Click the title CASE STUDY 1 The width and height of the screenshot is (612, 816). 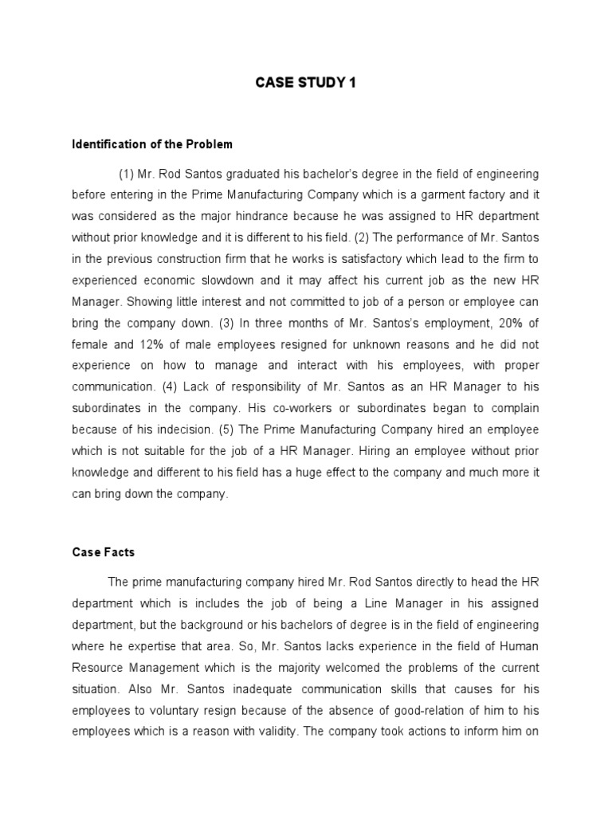coord(305,83)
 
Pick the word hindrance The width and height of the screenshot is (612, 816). coord(280,215)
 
